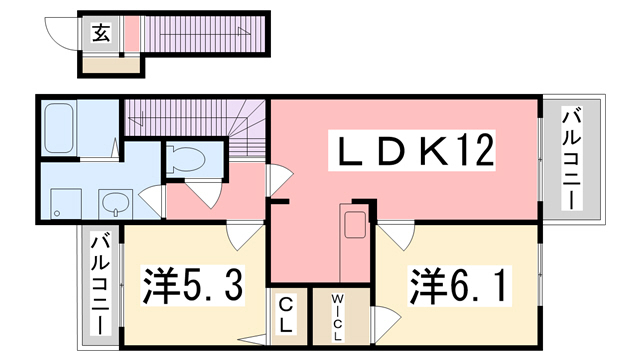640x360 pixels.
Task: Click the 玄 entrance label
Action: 101,32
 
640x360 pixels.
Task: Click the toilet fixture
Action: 186,159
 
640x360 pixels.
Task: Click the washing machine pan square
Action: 65,204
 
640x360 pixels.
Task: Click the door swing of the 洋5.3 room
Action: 241,238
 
